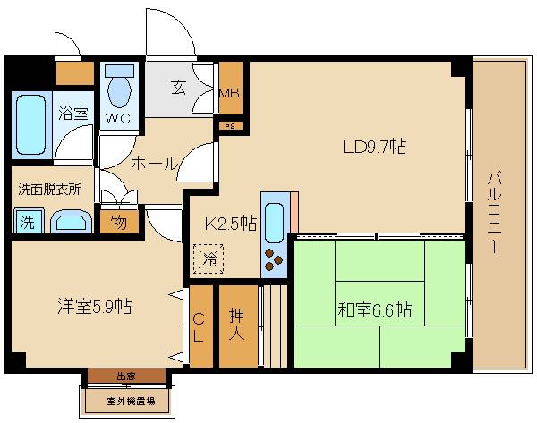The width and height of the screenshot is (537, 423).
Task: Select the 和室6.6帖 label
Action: [374, 310]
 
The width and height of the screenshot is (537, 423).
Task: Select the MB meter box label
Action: [230, 92]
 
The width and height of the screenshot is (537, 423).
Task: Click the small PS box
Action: [230, 127]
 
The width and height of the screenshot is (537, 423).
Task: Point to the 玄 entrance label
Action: [178, 88]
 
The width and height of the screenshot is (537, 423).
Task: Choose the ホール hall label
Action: [153, 164]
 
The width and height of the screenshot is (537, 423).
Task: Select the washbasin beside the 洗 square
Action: [68, 221]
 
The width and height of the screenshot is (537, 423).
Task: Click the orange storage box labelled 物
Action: [118, 221]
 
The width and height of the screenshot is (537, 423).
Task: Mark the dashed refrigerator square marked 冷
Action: [210, 259]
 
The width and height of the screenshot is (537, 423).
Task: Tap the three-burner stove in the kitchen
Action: [274, 260]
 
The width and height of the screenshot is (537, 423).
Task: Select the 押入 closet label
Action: [237, 324]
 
